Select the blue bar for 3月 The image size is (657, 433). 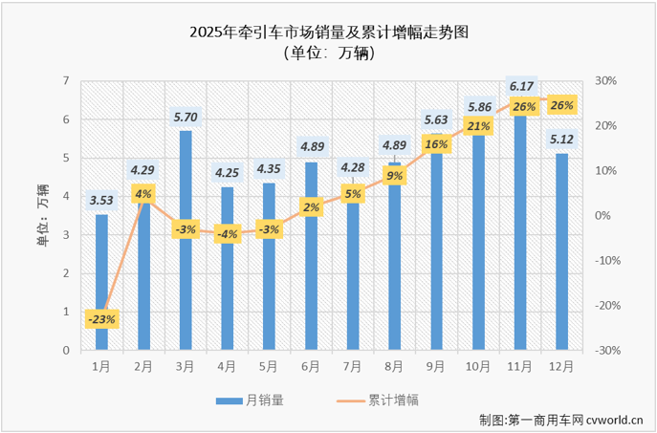185,240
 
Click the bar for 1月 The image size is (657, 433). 101,282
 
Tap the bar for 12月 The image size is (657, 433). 561,251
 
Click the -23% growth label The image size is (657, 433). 101,319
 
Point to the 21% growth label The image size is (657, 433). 478,126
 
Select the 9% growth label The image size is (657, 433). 394,176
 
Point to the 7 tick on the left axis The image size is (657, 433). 66,81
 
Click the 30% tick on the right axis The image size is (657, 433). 604,81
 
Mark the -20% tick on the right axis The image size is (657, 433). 605,306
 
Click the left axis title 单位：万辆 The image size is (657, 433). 42,215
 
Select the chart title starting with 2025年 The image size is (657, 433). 329,32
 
